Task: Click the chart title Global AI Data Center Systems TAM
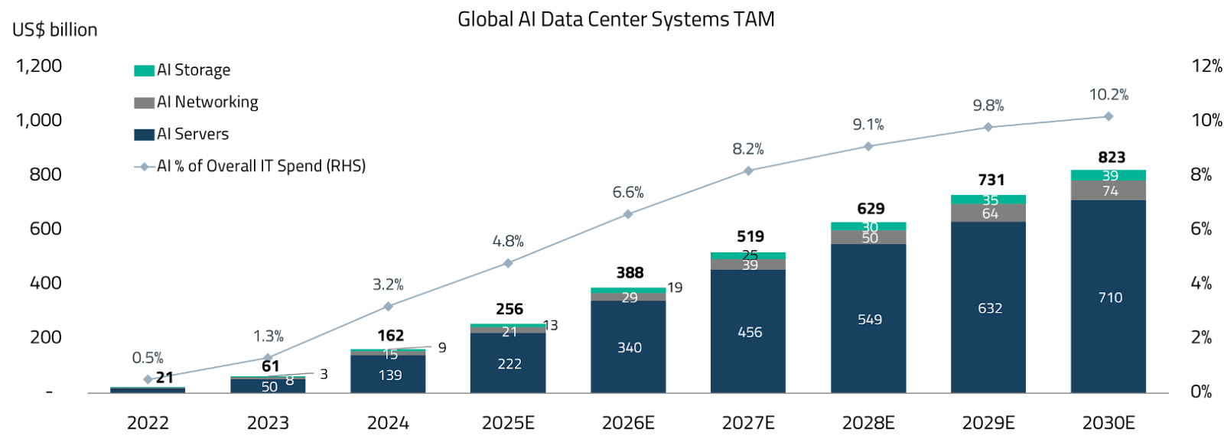[616, 19]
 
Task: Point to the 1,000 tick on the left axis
[39, 120]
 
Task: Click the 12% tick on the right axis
[1206, 66]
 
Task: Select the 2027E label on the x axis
[748, 423]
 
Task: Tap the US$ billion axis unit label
[55, 30]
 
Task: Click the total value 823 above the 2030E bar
[1112, 158]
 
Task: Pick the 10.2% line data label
[1108, 95]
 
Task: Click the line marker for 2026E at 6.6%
[628, 214]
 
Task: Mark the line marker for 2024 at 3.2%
[388, 306]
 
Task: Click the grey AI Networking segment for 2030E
[1108, 190]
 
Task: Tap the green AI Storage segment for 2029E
[988, 200]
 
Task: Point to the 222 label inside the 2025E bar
[509, 364]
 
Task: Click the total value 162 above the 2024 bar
[391, 336]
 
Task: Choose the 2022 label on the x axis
[148, 423]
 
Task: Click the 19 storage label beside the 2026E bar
[675, 288]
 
